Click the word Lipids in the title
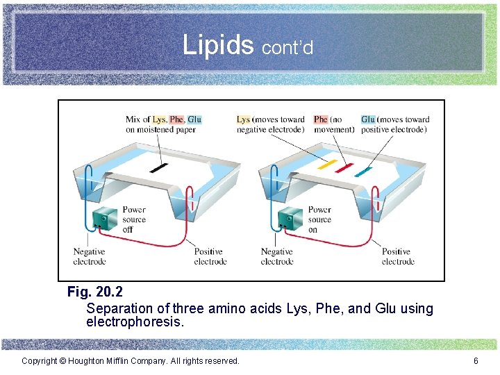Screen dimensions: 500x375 pyautogui.click(x=218, y=45)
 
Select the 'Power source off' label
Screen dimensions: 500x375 pyautogui.click(x=134, y=219)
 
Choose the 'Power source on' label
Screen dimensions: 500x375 pyautogui.click(x=319, y=219)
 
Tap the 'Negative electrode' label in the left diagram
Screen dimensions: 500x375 pyautogui.click(x=90, y=256)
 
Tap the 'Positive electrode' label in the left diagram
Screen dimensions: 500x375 pyautogui.click(x=210, y=256)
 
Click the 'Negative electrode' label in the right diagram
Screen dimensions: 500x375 pyautogui.click(x=277, y=256)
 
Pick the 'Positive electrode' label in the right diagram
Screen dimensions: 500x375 pyautogui.click(x=398, y=256)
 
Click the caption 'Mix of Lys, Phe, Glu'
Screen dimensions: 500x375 pyautogui.click(x=164, y=119)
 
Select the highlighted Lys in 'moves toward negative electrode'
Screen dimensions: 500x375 pyautogui.click(x=243, y=119)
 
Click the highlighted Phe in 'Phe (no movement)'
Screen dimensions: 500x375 pyautogui.click(x=320, y=119)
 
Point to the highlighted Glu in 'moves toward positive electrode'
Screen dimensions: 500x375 pyautogui.click(x=368, y=119)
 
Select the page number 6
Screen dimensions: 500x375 pyautogui.click(x=476, y=361)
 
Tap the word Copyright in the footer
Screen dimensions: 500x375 pyautogui.click(x=40, y=361)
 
